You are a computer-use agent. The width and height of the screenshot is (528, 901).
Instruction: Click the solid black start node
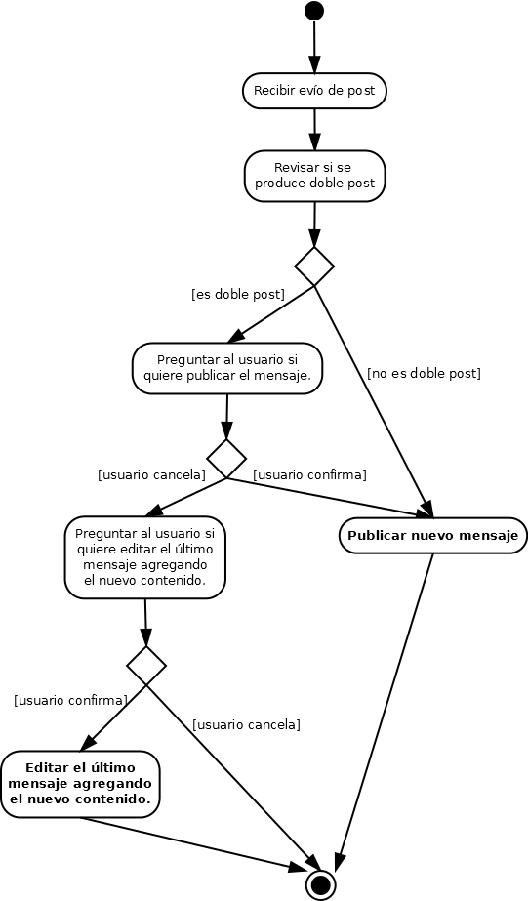314,11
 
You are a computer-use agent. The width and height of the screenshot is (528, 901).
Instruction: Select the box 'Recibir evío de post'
314,90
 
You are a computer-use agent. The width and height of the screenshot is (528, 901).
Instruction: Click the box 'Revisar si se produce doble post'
314,176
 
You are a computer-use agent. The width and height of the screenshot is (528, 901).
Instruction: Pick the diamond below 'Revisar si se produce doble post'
314,266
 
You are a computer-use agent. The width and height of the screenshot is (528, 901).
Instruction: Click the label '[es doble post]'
238,294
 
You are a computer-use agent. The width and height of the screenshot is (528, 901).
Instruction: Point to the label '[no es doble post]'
424,374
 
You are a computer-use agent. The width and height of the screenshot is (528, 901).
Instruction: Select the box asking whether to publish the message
227,368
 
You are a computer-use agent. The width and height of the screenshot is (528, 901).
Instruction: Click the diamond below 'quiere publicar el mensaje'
226,459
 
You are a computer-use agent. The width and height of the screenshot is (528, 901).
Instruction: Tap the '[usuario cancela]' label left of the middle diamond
151,475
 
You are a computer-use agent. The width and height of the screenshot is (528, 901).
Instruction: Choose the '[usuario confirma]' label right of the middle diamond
309,475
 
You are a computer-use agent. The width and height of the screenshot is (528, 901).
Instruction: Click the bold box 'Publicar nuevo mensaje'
433,536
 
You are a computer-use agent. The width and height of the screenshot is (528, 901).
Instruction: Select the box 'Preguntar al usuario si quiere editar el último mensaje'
144,556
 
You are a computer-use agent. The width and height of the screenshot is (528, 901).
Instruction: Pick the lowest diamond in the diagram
146,665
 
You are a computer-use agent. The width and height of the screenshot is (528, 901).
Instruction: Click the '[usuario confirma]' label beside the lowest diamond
70,701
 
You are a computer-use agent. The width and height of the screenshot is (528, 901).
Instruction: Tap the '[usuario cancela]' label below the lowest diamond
247,724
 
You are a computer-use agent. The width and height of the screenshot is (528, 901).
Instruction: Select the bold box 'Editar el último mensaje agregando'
80,784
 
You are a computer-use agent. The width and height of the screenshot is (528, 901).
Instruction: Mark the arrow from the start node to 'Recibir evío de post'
314,47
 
